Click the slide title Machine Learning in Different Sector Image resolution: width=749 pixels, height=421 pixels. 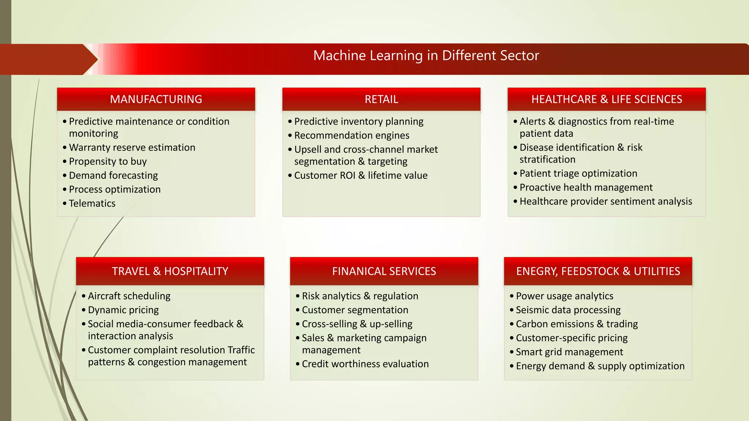tap(426, 56)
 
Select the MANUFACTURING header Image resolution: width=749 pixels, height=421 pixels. tap(156, 99)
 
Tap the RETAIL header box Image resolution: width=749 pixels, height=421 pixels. tap(381, 99)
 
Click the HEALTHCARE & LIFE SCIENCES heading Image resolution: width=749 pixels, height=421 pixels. tap(606, 99)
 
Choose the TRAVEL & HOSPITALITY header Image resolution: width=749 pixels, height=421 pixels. tap(170, 271)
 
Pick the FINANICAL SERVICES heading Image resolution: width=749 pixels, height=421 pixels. tap(384, 271)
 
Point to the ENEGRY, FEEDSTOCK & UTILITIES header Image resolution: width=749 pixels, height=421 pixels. tap(598, 271)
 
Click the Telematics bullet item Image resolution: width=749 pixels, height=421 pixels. tap(92, 203)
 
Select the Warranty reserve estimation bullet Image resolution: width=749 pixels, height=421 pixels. tap(132, 147)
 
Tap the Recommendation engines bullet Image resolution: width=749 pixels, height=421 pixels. tap(351, 135)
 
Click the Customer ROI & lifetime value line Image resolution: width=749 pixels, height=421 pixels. tap(361, 175)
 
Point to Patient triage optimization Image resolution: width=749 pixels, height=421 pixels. tap(578, 173)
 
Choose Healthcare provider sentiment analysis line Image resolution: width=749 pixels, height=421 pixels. tap(606, 201)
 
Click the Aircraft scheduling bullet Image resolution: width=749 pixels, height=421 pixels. tap(129, 296)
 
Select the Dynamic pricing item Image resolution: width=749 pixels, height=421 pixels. tap(123, 310)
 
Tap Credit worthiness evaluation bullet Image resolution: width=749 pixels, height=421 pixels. tap(365, 364)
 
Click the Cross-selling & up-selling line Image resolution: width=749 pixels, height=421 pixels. tap(357, 324)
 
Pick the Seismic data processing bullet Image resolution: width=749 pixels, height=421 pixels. tap(568, 310)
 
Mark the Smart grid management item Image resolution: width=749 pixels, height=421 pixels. tap(569, 352)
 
